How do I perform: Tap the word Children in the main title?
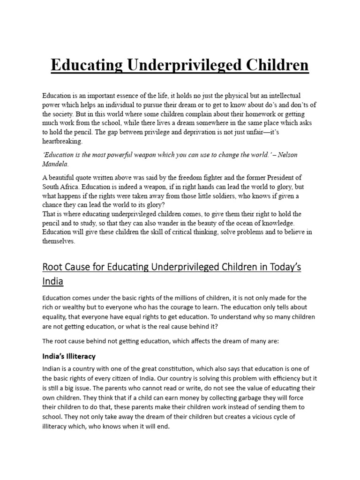click(274, 65)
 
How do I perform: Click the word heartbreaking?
click(62, 141)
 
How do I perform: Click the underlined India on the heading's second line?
click(52, 282)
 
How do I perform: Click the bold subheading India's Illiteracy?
click(69, 356)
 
